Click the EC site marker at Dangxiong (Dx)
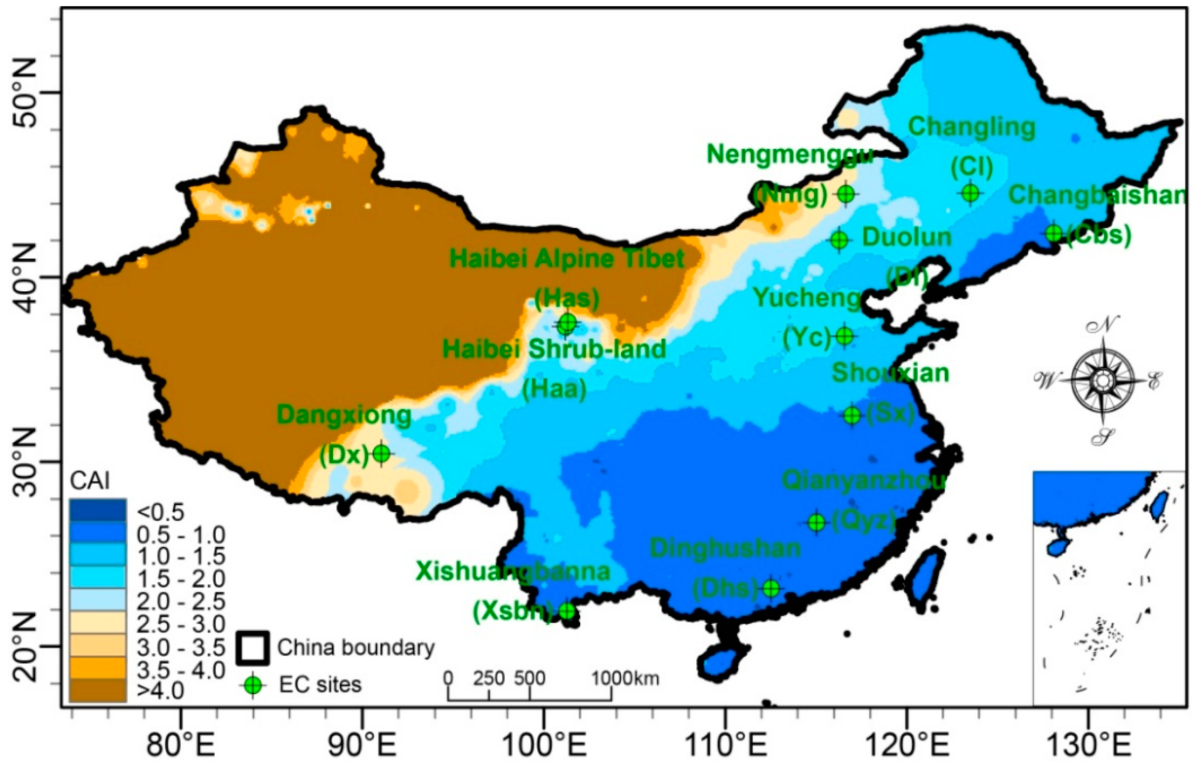point(382,453)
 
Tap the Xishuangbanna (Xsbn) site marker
point(567,611)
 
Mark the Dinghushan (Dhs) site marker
point(771,588)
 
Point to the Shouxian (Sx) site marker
point(852,415)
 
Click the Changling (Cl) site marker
point(971,192)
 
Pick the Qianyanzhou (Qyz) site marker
point(817,523)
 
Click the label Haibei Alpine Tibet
point(567,259)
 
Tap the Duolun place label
point(907,237)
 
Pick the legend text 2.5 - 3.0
point(180,624)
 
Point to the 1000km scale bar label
point(625,678)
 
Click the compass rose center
point(1103,381)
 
